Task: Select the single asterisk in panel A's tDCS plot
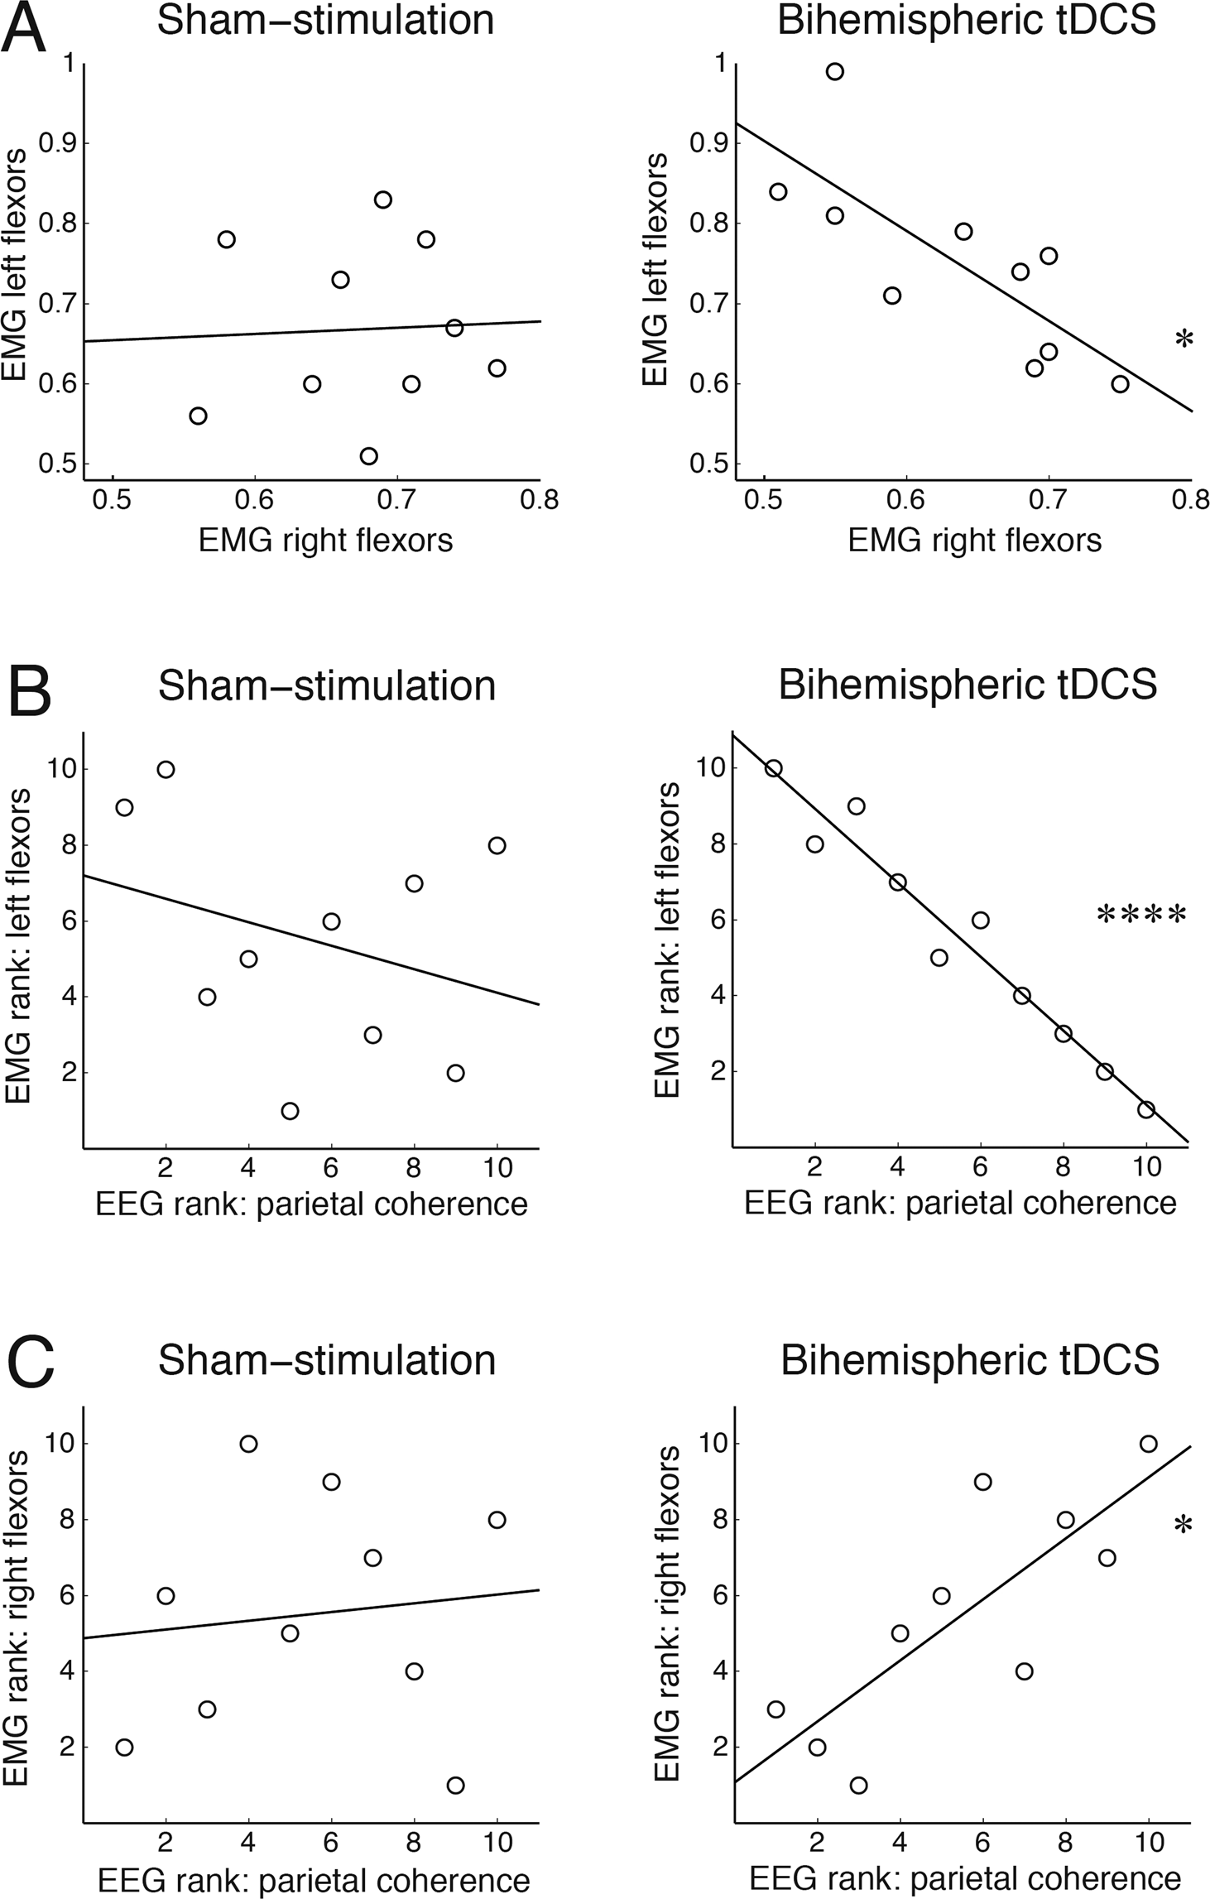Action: click(x=1184, y=339)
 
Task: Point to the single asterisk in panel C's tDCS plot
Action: click(x=1184, y=1526)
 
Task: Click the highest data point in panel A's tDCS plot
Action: click(x=835, y=71)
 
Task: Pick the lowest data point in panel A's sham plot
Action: click(x=369, y=456)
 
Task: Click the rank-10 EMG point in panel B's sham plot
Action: click(x=166, y=769)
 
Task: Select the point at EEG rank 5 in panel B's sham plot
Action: click(x=290, y=1111)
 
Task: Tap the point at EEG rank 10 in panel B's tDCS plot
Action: click(x=1146, y=1110)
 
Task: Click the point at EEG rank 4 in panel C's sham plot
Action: click(x=248, y=1444)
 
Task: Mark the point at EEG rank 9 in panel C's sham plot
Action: click(x=455, y=1785)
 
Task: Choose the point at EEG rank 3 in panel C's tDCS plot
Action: click(x=858, y=1785)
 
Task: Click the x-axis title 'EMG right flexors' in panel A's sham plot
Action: click(x=325, y=541)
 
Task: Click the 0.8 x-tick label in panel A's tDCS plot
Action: click(x=1192, y=501)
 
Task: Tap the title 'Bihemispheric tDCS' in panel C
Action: click(x=969, y=1361)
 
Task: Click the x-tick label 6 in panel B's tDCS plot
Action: click(x=981, y=1167)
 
